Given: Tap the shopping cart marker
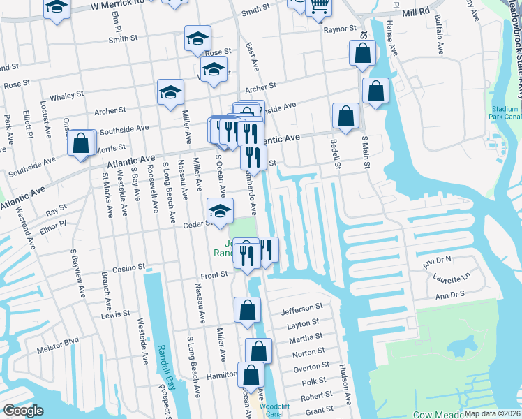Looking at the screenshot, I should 318,6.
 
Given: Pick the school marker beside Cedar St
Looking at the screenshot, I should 220,211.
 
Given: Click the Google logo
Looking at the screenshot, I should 23,411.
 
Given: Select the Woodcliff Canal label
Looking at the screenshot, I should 269,409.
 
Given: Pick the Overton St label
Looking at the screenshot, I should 311,366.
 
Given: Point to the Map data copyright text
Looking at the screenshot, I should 492,413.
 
